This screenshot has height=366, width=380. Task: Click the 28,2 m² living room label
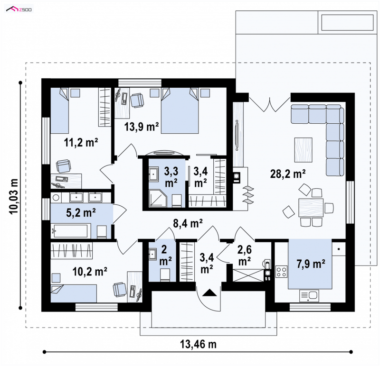point(288,174)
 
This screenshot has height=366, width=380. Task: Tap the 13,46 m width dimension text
point(198,344)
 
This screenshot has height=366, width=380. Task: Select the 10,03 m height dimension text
point(14,196)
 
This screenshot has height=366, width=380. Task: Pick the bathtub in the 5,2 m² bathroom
point(70,231)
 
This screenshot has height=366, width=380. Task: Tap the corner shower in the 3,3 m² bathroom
point(158,199)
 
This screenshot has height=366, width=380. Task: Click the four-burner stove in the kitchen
point(281,271)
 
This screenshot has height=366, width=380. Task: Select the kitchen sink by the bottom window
point(309,296)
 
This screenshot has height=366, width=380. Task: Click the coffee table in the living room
point(304,150)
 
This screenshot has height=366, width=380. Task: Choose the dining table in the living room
point(311,208)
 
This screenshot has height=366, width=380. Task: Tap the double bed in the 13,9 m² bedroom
point(180,110)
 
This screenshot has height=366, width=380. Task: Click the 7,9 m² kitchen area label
point(311,264)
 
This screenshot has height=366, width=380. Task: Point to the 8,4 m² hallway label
point(188,223)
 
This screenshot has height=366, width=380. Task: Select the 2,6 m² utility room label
point(244,256)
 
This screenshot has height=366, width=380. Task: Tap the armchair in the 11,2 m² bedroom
point(64,166)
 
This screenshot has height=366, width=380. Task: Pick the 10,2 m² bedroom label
point(90,272)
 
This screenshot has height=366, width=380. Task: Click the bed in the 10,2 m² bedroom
point(74,293)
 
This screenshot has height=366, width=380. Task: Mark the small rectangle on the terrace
point(347,22)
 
